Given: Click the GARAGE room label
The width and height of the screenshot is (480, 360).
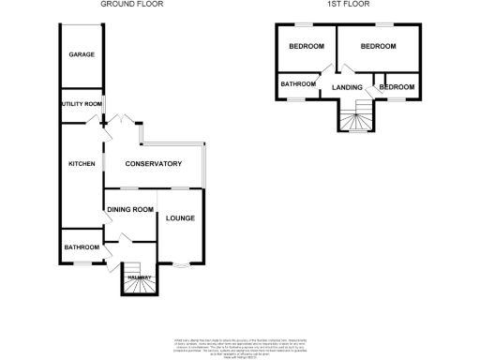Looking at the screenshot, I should pos(82,55).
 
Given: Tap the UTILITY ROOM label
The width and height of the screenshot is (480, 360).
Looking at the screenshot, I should pos(82,103).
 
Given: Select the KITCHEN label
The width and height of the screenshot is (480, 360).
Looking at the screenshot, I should pos(82,164).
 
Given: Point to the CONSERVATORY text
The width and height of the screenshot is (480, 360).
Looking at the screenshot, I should pos(156,164).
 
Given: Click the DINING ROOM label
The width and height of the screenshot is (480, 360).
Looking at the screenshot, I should pos(130,210).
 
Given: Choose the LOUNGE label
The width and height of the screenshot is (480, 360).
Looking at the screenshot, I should pos(180,218).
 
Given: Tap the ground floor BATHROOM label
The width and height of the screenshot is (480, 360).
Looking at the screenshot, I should pos(82,247).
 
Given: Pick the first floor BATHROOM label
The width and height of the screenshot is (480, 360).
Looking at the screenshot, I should pos(298,84).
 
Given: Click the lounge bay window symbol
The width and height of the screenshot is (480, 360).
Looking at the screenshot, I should pos(180,267).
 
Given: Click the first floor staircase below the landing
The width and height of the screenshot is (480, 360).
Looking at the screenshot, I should pos(355,119).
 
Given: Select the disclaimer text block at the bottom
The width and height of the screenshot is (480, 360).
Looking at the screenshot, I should pos(239,343).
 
